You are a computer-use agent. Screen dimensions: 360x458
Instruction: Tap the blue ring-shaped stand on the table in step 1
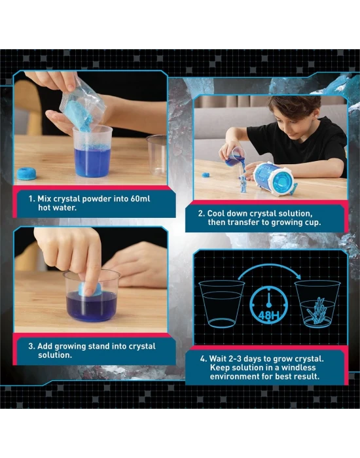pos(27,173)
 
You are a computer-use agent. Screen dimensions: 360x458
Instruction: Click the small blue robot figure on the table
pos(242,185)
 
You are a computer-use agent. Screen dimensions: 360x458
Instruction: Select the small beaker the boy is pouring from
pos(234,157)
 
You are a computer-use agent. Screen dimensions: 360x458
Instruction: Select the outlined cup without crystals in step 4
pos(221,304)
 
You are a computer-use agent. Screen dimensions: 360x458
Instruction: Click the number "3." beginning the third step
pos(32,346)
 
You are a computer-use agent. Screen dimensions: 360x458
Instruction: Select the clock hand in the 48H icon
pos(269,300)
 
